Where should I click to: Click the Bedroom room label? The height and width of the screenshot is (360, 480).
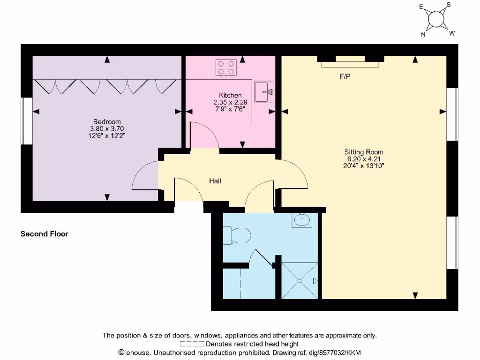coord(107,122)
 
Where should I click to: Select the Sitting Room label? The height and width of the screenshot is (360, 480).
coord(364,152)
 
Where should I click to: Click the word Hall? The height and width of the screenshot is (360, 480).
coord(215,181)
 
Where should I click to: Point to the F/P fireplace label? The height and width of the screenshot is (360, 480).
coord(345,76)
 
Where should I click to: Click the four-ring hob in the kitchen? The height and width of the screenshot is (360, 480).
coord(225,67)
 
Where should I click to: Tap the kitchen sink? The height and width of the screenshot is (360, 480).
coord(264,91)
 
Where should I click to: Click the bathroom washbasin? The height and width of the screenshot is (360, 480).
coord(301,219)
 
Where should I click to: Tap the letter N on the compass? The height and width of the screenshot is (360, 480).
coord(423,34)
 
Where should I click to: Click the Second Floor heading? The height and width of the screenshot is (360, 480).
coord(45,233)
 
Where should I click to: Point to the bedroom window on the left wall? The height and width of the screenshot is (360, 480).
coord(27,120)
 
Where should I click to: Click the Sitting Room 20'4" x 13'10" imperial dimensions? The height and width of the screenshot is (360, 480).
coord(364,165)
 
